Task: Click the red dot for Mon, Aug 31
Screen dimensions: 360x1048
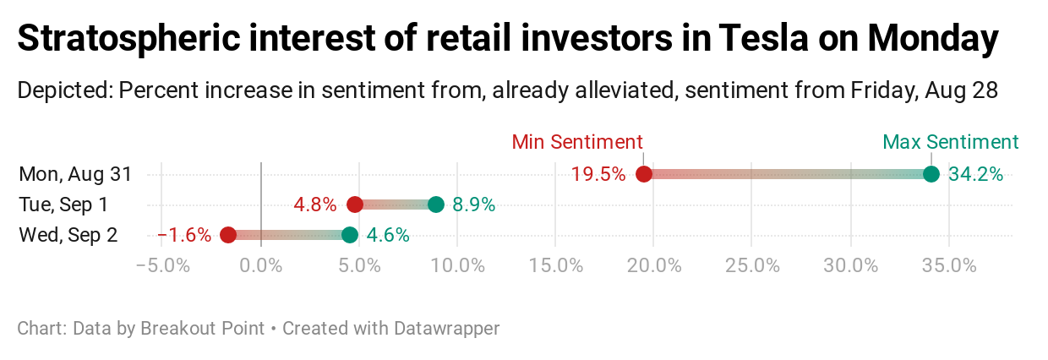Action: (x=644, y=174)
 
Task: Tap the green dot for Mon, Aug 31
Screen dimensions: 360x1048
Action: (x=931, y=174)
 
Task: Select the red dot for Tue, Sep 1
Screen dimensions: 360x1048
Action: (x=355, y=205)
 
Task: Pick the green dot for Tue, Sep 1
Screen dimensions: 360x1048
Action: (x=436, y=205)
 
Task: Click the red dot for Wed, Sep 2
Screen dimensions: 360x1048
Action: (x=228, y=235)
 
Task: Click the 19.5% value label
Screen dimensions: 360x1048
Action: (x=598, y=175)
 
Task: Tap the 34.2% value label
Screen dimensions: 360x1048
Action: (x=975, y=175)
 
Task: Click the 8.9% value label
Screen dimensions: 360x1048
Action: (x=474, y=205)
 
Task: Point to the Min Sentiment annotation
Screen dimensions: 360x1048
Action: (x=577, y=142)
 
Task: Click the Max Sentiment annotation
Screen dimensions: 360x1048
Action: (x=951, y=142)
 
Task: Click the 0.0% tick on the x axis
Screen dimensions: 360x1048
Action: (x=261, y=265)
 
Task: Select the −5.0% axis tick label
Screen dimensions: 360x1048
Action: (x=162, y=265)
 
